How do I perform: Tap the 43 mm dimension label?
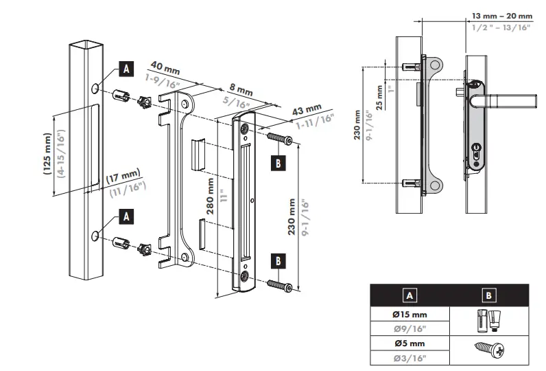[x=307, y=110]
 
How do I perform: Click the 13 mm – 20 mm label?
[x=502, y=15]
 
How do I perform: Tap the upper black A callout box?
[x=126, y=67]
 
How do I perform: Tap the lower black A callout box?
[x=126, y=215]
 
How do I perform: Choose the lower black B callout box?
[x=276, y=261]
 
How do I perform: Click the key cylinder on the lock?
[x=476, y=148]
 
